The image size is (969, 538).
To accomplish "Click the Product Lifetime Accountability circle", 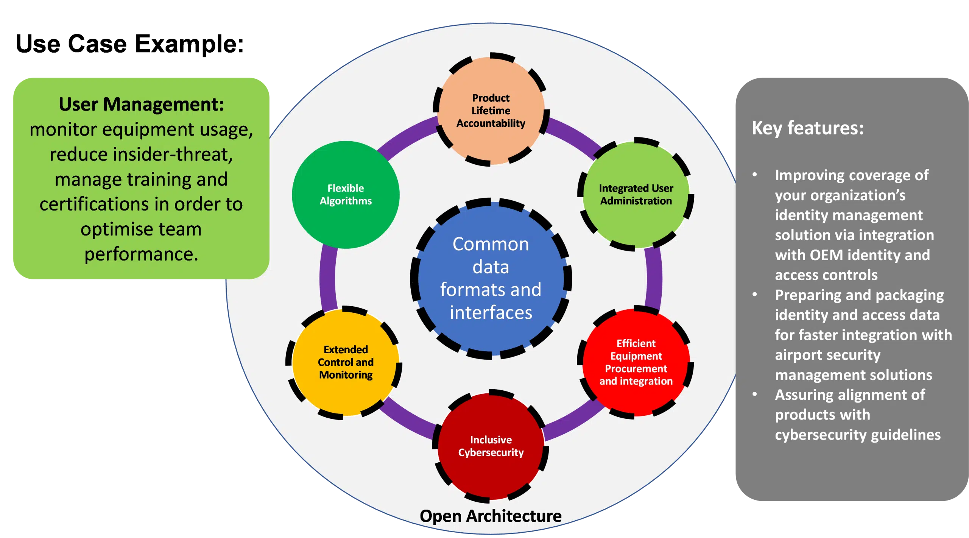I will click(x=491, y=110).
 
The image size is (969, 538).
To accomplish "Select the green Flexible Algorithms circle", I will click(x=346, y=195).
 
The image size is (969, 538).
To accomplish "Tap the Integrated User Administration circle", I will click(x=636, y=195).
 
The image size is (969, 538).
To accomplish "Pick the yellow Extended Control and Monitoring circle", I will click(x=346, y=362).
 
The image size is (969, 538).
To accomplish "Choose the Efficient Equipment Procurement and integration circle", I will click(x=636, y=362).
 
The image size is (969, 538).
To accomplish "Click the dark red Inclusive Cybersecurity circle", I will click(x=491, y=446).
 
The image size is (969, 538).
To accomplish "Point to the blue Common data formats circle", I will click(x=491, y=278).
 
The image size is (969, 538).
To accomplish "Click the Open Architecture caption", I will click(x=491, y=516).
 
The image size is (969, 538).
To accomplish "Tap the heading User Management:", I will click(x=141, y=104).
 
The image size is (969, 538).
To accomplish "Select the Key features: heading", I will click(x=807, y=128).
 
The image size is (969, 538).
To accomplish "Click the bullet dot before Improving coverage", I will click(x=755, y=175).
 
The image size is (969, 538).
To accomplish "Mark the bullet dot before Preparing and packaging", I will click(x=755, y=294).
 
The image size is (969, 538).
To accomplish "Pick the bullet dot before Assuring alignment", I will click(x=755, y=394).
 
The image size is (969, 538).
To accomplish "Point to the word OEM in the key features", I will click(x=827, y=255).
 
